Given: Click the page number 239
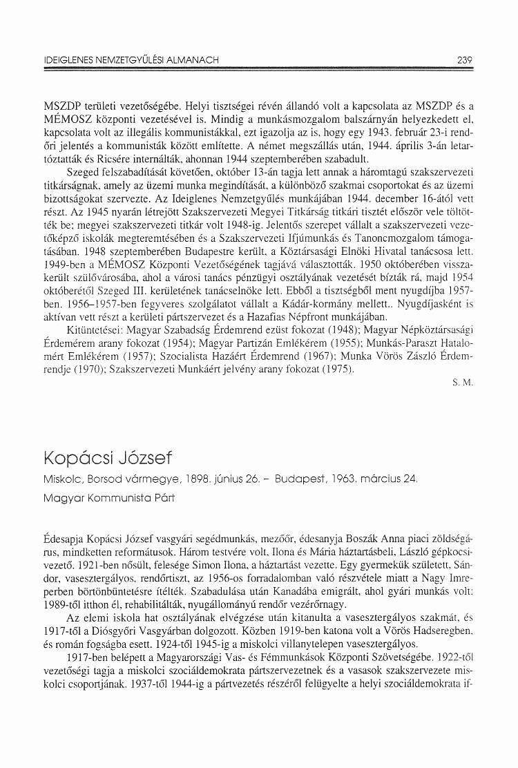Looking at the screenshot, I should tap(464, 60).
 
